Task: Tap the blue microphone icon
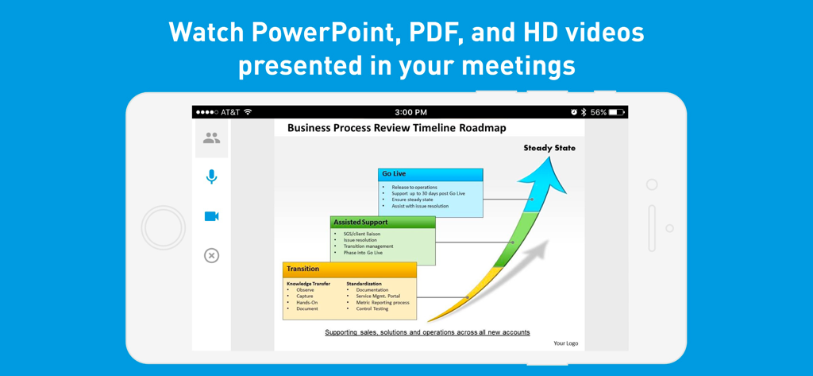click(211, 176)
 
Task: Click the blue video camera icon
click(211, 216)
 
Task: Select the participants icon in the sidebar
click(211, 138)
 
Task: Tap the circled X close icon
click(211, 255)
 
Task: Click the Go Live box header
click(430, 174)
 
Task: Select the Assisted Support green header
click(382, 223)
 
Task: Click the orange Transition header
click(349, 269)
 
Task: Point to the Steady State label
click(549, 148)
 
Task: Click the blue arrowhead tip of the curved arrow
click(550, 163)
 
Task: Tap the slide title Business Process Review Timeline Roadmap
click(396, 128)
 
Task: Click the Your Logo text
click(565, 343)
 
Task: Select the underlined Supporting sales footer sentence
click(427, 332)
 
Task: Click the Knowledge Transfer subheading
click(308, 284)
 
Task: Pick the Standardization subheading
click(364, 284)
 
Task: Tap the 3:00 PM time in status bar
click(410, 112)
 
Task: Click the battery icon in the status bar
click(617, 112)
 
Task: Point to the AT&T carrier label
click(230, 112)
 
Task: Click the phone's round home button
click(164, 228)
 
